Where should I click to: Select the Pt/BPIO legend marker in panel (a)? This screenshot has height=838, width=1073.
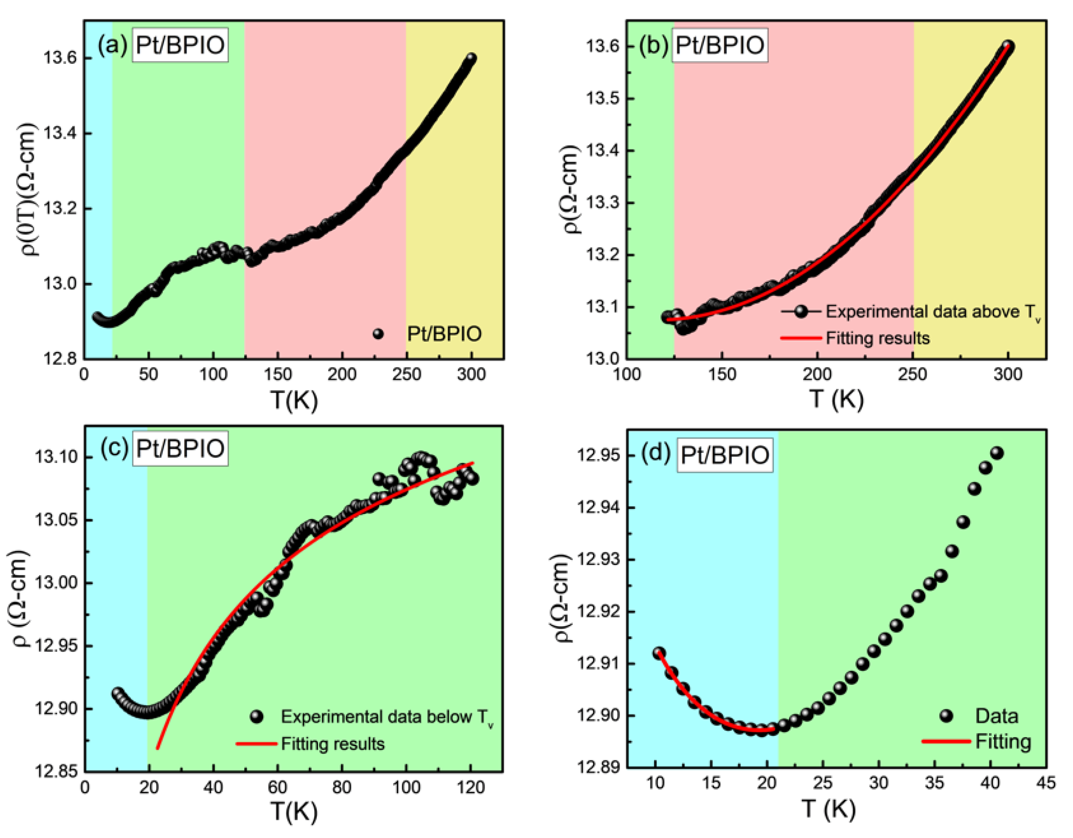(378, 334)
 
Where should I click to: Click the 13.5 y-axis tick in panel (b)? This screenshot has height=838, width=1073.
(602, 98)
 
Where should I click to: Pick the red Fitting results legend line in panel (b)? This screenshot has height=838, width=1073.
(801, 338)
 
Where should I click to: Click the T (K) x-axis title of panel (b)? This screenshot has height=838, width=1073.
(837, 399)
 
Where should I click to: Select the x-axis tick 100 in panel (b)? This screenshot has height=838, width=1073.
(627, 375)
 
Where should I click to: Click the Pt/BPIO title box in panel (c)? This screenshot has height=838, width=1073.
(180, 449)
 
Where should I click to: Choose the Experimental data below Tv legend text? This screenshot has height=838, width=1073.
(387, 717)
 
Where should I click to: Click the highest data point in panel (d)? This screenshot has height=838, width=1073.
(997, 453)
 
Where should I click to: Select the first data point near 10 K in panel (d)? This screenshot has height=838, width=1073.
(659, 653)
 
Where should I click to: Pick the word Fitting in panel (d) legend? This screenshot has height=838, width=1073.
(1003, 742)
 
